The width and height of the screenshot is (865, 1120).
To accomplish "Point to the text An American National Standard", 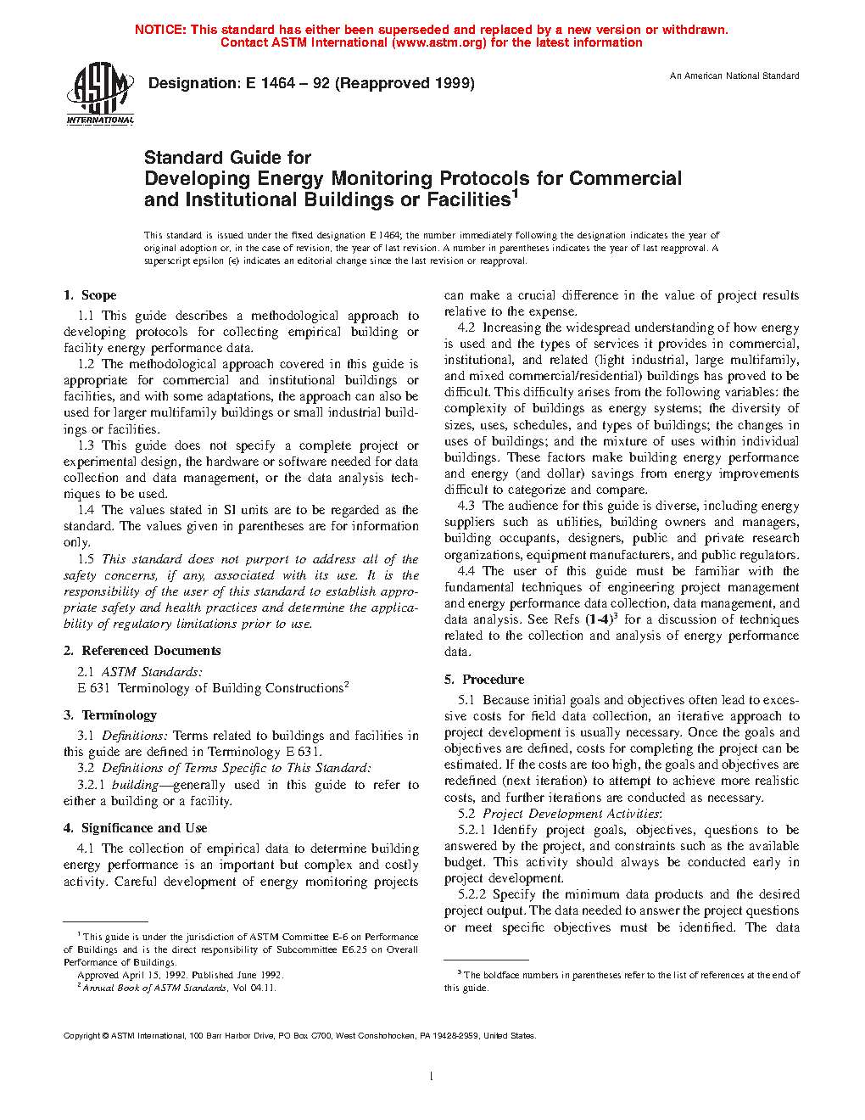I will (734, 76).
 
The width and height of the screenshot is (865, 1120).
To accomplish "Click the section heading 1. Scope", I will (90, 295).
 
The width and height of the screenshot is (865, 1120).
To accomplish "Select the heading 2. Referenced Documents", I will (142, 651).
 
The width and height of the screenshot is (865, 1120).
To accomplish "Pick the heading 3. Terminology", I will (110, 715).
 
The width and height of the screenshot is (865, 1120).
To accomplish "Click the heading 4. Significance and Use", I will (135, 828).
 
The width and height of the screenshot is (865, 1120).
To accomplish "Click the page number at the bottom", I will (432, 1077).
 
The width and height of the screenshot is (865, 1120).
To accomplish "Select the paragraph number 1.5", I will (86, 559).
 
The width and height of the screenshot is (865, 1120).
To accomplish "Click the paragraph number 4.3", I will (466, 506).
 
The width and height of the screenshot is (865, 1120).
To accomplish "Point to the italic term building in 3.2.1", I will (135, 785).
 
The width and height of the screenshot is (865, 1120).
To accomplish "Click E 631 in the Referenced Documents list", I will (93, 688).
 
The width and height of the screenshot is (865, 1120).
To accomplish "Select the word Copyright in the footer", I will (81, 1036).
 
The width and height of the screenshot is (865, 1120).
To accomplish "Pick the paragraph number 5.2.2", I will (472, 894).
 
